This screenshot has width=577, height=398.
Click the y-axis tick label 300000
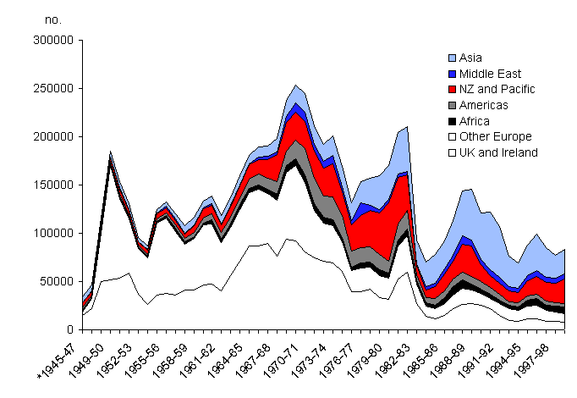click(x=56, y=40)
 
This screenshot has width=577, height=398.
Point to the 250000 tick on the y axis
click(x=56, y=88)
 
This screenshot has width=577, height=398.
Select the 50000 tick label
click(x=58, y=281)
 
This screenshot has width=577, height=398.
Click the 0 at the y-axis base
click(x=72, y=329)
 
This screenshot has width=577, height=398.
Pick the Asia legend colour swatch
click(x=452, y=58)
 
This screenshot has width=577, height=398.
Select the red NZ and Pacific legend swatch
click(x=452, y=90)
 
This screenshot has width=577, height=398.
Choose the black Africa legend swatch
click(x=452, y=121)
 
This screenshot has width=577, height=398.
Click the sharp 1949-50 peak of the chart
click(x=110, y=154)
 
